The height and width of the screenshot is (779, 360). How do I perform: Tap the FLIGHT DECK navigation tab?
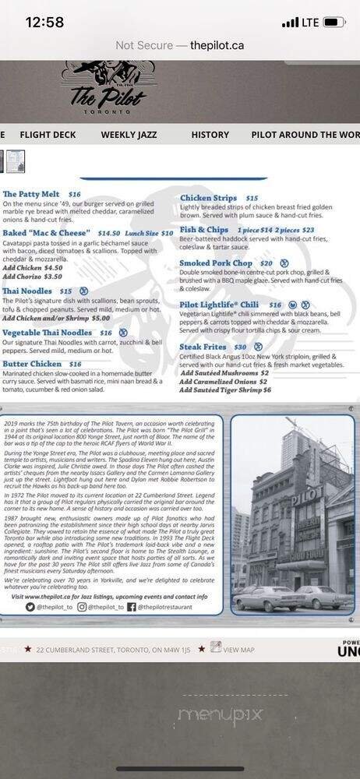[48, 135]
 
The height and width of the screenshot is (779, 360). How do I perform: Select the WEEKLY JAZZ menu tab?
[129, 135]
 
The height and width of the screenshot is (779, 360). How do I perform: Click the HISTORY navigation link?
[210, 135]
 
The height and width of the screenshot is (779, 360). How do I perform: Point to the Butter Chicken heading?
[32, 364]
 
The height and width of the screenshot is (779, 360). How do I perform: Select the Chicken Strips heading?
[208, 199]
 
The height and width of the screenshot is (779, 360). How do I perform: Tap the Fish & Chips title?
[203, 230]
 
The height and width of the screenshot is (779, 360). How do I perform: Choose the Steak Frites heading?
[203, 347]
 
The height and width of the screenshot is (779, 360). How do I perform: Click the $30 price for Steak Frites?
[240, 347]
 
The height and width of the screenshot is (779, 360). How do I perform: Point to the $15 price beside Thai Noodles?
[65, 291]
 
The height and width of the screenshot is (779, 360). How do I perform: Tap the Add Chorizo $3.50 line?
[32, 277]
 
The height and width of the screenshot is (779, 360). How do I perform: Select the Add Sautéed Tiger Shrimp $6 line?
[225, 389]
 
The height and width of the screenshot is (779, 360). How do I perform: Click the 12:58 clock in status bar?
[44, 23]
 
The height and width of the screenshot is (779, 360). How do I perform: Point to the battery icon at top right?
[334, 23]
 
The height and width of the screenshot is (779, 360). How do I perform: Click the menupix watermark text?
[221, 714]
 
